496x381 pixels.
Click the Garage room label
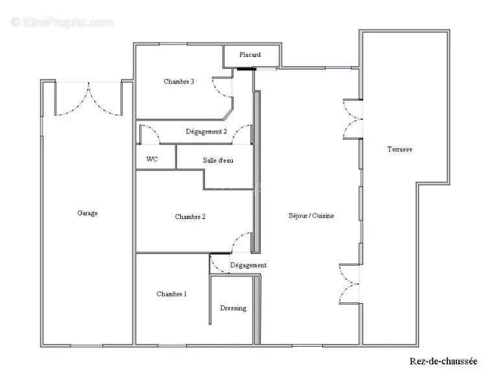click(88, 213)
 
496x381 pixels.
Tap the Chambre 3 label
click(178, 82)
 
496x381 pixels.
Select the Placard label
click(250, 55)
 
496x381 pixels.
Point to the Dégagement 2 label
click(206, 132)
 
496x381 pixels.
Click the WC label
click(152, 159)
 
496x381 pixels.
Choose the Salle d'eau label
click(218, 160)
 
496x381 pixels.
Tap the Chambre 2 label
click(190, 217)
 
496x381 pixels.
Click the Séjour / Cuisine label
click(311, 216)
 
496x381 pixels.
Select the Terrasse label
click(399, 149)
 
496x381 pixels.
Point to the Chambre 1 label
click(172, 294)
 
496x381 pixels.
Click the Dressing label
click(233, 308)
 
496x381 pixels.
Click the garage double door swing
click(88, 99)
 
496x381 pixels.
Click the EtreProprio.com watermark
click(62, 23)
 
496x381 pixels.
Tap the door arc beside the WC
click(149, 134)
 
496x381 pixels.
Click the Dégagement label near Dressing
click(248, 266)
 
